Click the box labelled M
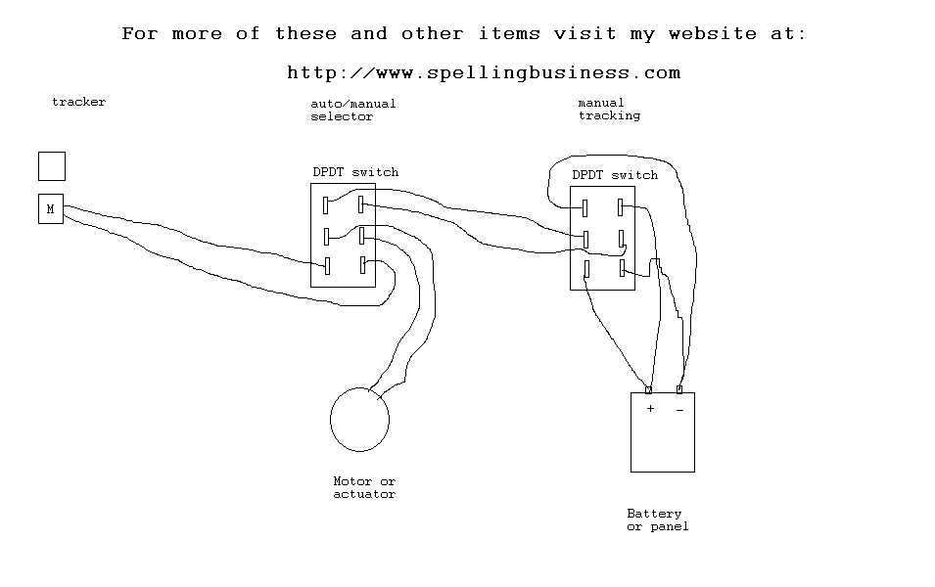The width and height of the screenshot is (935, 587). pos(51,208)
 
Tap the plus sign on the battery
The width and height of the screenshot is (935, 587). pos(650,408)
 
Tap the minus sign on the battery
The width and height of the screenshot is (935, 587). pos(679,410)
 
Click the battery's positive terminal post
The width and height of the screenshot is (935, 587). pos(649,389)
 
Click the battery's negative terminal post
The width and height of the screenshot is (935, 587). pos(679,389)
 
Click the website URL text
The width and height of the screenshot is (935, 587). pos(484,72)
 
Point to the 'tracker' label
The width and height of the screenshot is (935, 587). pos(78,102)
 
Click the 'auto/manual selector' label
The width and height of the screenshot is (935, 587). pos(353,111)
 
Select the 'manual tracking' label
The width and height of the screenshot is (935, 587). pos(609,110)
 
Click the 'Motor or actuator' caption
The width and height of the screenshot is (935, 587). pos(364,487)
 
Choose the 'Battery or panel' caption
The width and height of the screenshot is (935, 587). pos(658,519)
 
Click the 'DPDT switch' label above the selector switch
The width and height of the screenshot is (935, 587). pos(355,172)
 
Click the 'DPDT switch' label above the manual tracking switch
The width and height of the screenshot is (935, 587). pos(615,175)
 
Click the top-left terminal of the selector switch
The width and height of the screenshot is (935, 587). pos(326,205)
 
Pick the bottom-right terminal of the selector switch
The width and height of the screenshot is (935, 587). pos(362,265)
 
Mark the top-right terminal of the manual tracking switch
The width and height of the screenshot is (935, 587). pos(620,207)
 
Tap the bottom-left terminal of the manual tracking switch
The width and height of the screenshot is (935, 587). pos(586,269)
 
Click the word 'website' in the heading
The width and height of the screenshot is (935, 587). pos(713,33)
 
